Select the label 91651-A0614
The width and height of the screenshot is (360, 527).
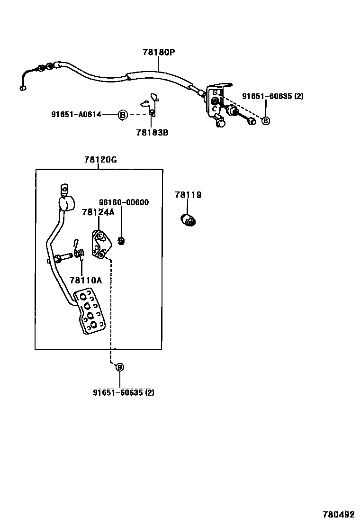click(x=76, y=114)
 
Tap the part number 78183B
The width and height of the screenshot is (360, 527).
click(x=151, y=133)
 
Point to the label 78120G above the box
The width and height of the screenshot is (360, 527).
click(x=100, y=160)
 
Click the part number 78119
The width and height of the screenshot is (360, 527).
click(x=188, y=195)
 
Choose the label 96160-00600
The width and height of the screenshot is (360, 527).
click(x=124, y=202)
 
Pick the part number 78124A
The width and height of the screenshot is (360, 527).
click(x=98, y=212)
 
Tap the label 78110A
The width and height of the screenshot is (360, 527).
click(x=86, y=281)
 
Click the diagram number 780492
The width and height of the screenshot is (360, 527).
click(x=339, y=515)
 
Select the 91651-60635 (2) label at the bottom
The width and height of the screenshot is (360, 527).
click(x=124, y=392)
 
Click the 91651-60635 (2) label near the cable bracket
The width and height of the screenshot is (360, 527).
click(x=272, y=96)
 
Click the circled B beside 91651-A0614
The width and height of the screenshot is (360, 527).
click(x=122, y=114)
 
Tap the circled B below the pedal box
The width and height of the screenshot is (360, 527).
click(x=119, y=367)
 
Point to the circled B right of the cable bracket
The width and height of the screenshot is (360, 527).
click(x=266, y=121)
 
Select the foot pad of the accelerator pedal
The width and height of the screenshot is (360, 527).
click(x=90, y=311)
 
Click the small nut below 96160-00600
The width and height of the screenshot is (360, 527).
click(x=121, y=241)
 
